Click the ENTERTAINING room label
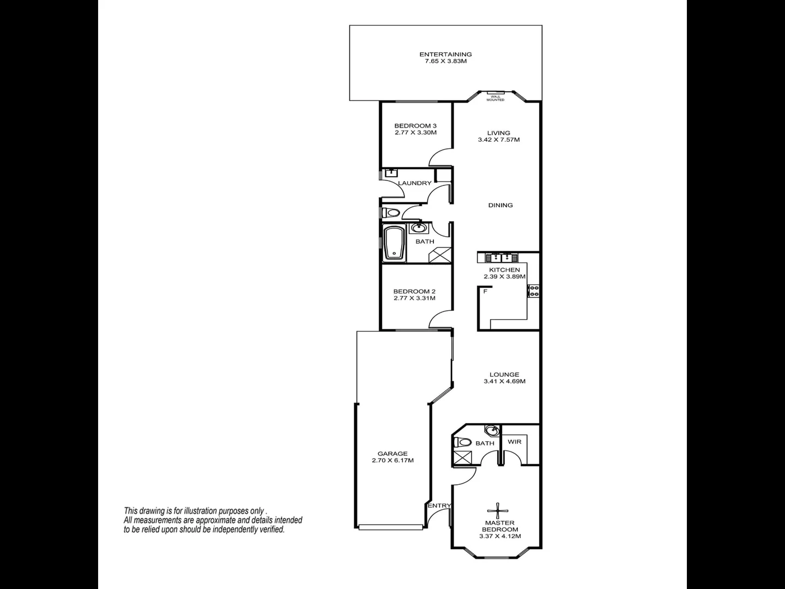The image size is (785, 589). point(445,55)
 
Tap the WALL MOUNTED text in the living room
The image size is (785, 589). point(496,98)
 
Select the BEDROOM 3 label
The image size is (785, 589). point(415,126)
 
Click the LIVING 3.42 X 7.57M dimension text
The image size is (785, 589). point(498,140)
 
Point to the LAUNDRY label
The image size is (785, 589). point(414,183)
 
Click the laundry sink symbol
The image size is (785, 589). point(391,173)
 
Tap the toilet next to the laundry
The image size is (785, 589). point(390,212)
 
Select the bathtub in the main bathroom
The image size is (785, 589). point(393,243)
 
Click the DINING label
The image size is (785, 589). point(500,206)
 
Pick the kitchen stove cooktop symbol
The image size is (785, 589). point(533,291)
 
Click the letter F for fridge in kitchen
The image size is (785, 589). point(485,292)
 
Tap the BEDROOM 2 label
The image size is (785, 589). point(414,292)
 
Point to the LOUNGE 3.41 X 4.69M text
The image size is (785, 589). point(504,381)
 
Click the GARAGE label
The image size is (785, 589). point(392,454)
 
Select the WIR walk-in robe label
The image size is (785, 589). point(514,442)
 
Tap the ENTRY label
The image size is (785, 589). point(439,506)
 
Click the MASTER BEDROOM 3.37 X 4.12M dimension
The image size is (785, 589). point(500,536)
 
